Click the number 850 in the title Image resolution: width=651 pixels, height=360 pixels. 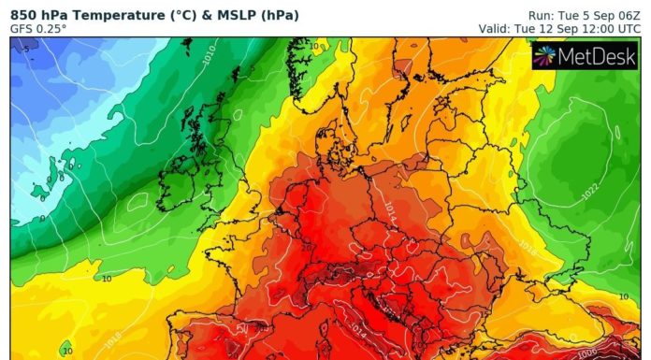click(24, 14)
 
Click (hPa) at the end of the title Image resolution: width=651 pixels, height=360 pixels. click(259, 14)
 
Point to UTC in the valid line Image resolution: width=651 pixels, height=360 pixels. click(627, 29)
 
